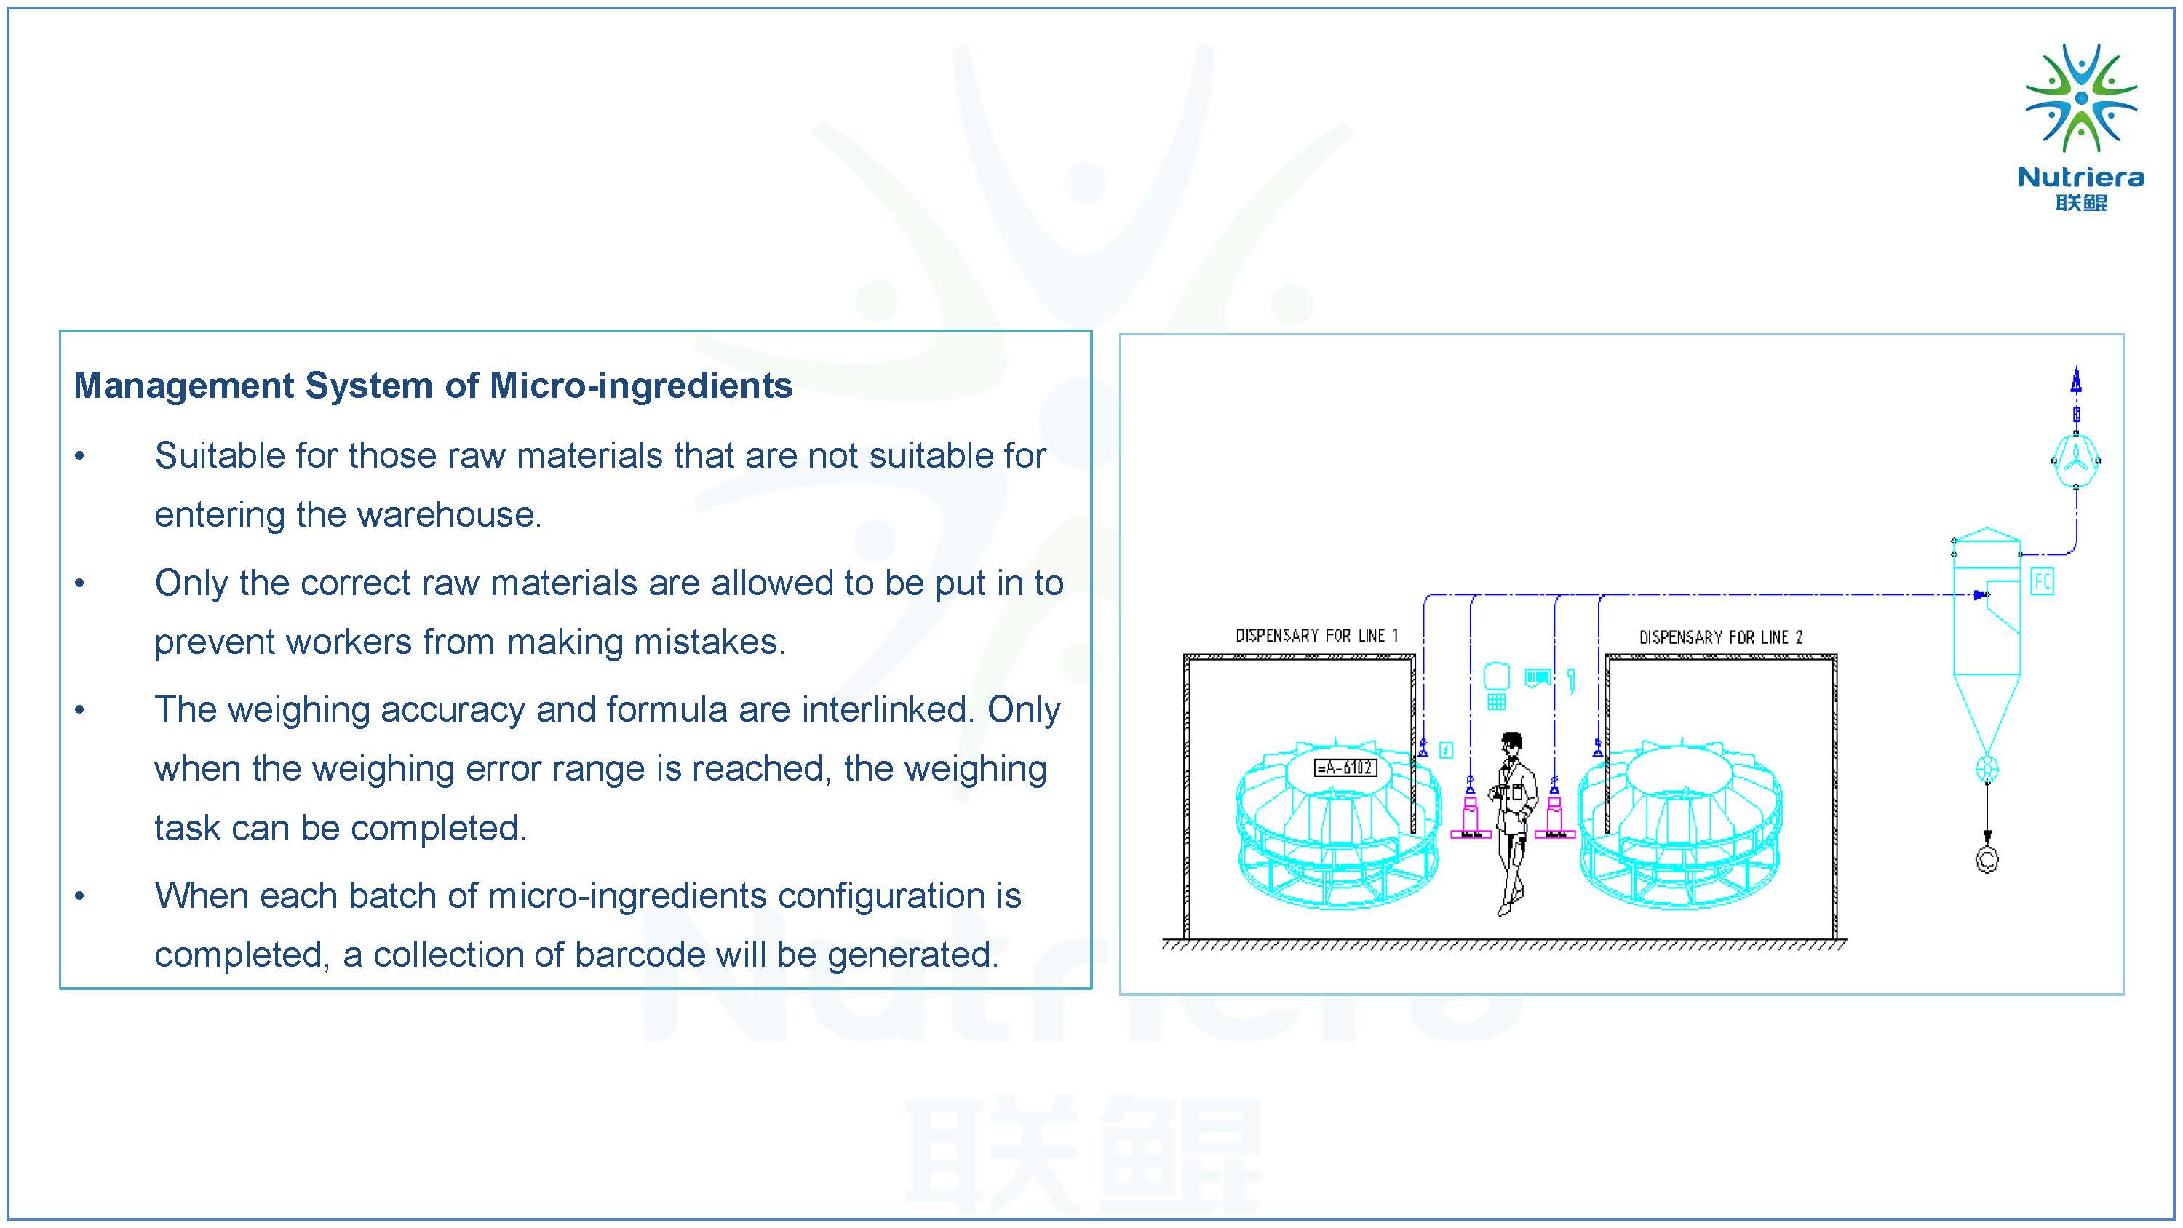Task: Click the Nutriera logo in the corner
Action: pos(2080,127)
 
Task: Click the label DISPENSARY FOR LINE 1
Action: pos(1316,636)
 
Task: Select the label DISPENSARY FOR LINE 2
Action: pos(1720,637)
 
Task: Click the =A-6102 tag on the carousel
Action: pos(1345,767)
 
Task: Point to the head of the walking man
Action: pos(1511,743)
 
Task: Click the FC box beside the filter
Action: pos(2043,581)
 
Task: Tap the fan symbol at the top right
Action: pos(2075,460)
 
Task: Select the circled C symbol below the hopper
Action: pos(1987,860)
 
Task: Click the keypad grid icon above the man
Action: pos(1497,702)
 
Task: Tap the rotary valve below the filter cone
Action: pos(1987,770)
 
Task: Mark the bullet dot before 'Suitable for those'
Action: pos(79,457)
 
